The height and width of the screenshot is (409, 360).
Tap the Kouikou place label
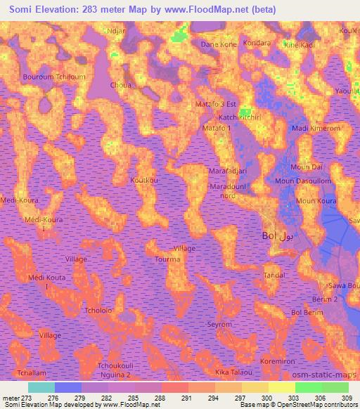pos(144,181)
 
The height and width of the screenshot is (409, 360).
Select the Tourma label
pos(168,259)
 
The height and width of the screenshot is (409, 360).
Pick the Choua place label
pos(121,86)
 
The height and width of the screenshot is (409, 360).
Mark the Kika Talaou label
pos(233,371)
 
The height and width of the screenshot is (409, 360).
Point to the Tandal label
pos(274,275)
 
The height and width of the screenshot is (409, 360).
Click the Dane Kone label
pos(219,44)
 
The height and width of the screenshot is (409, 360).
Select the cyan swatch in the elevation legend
pos(41,387)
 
